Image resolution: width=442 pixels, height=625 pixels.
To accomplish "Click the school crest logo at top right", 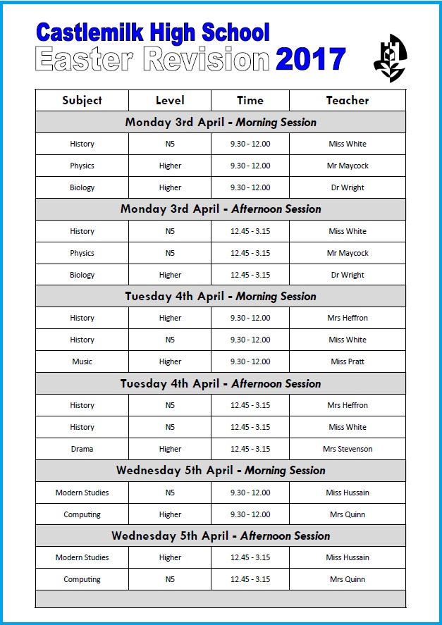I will [x=390, y=58].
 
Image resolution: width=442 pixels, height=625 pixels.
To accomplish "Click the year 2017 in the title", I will [x=310, y=60].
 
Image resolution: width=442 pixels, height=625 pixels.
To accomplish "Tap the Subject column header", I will [x=82, y=100].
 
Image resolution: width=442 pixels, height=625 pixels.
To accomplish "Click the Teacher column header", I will [x=347, y=100].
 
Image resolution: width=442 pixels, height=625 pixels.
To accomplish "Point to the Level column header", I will [x=170, y=100].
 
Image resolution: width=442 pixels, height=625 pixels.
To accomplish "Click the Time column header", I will [x=250, y=100].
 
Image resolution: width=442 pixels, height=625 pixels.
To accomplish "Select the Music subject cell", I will [x=82, y=361].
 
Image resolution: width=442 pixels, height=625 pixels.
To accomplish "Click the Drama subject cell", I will [x=82, y=449].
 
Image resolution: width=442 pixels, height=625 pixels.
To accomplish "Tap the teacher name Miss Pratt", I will [x=348, y=361].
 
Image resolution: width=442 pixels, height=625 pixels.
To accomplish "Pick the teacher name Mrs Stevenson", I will [x=348, y=449].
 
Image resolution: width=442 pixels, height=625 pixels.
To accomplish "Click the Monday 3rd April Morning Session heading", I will [x=221, y=122].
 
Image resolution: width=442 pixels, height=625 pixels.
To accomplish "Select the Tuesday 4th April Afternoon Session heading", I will [x=221, y=383].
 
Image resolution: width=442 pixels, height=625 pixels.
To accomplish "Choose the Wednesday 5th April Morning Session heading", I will [x=221, y=470].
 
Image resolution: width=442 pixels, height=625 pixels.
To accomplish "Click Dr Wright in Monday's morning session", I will [x=348, y=187].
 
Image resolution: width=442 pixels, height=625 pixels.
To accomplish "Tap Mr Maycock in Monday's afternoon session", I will [x=348, y=253].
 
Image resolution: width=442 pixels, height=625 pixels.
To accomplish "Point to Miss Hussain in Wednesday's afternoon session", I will [x=348, y=557].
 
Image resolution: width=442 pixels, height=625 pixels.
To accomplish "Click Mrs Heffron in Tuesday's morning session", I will [x=348, y=318].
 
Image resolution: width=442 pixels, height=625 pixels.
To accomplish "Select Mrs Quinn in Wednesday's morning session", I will [x=348, y=514].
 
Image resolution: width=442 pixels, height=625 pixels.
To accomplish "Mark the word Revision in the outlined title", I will [x=206, y=60].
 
